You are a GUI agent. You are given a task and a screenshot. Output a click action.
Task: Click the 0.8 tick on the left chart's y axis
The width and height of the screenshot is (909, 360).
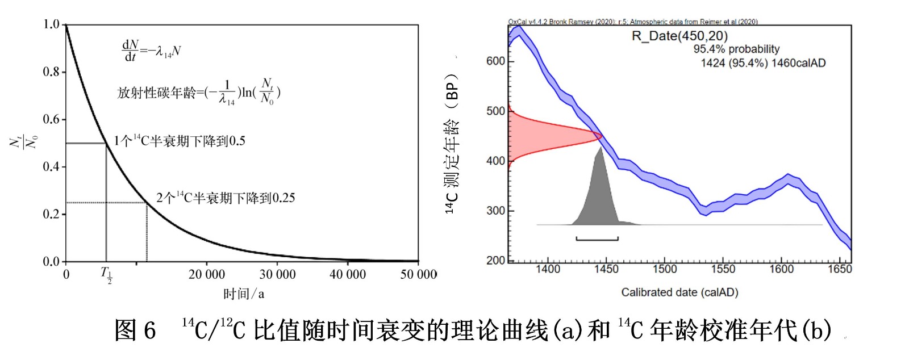point(52,72)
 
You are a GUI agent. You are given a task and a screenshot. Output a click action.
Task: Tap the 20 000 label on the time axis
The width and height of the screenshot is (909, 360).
point(207,274)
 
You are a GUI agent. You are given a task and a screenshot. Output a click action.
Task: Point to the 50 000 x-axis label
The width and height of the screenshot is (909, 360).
point(418,274)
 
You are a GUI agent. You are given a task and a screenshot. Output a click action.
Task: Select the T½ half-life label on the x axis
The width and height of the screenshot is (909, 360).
point(107,275)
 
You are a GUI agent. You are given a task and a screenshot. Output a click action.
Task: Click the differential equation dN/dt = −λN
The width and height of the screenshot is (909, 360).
point(151,51)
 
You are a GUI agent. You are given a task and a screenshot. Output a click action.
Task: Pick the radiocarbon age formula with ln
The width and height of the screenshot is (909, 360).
point(199,92)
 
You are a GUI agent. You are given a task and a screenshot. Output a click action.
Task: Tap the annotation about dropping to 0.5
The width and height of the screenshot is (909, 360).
point(180,141)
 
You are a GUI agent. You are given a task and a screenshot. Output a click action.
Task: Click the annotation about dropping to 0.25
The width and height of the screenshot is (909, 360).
point(226,198)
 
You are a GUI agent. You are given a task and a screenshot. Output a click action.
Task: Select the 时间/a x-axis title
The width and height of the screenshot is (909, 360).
point(243,294)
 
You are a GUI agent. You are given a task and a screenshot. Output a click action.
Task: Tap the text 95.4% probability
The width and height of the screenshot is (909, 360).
point(736,49)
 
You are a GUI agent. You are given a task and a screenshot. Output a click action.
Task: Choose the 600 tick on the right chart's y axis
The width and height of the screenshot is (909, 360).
point(495,61)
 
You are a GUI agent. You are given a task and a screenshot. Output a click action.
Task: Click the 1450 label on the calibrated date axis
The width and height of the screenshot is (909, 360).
point(606,269)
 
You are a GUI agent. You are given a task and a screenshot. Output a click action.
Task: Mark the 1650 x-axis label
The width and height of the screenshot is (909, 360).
point(839,269)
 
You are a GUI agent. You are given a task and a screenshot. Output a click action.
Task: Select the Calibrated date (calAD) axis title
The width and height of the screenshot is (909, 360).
point(679,292)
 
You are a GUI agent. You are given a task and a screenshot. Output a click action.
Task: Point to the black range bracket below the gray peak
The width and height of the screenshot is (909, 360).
point(597,239)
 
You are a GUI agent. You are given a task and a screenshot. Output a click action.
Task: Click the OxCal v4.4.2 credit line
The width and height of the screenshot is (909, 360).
point(632,22)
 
